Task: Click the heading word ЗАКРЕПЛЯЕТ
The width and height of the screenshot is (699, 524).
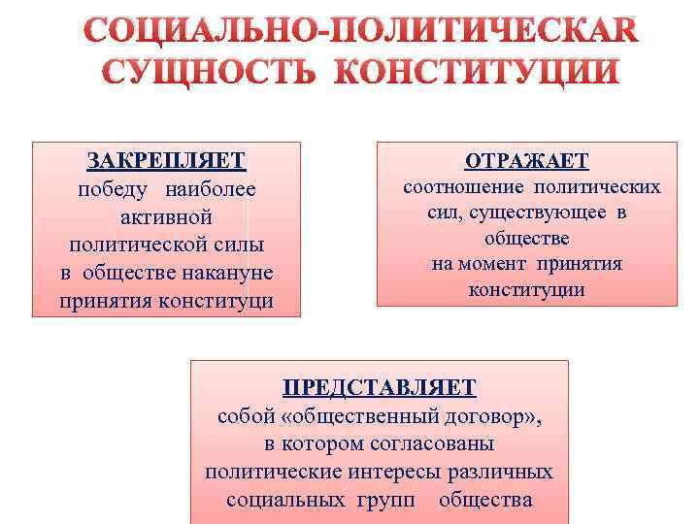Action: coord(167,160)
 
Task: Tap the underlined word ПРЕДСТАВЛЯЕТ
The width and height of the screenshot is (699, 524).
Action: coord(380,388)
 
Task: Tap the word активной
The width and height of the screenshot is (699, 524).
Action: coord(167,216)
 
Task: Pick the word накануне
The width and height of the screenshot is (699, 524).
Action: coord(225,272)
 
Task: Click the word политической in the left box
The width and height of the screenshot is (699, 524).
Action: coord(167,244)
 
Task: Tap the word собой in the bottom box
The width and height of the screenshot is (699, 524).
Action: coord(242,416)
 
